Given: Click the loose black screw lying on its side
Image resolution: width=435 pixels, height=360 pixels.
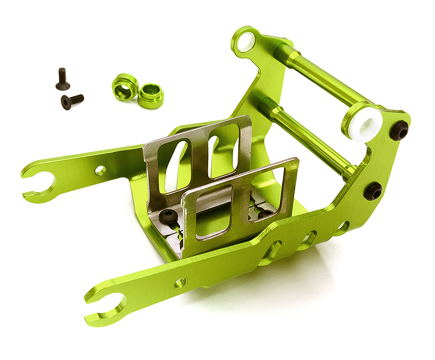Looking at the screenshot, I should (72, 101).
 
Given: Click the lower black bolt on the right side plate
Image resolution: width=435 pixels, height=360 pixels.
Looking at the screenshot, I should (374, 190).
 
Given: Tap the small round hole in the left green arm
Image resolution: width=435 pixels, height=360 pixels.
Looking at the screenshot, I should (101, 170).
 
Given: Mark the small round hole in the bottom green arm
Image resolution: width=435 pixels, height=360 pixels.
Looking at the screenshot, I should (180, 282).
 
